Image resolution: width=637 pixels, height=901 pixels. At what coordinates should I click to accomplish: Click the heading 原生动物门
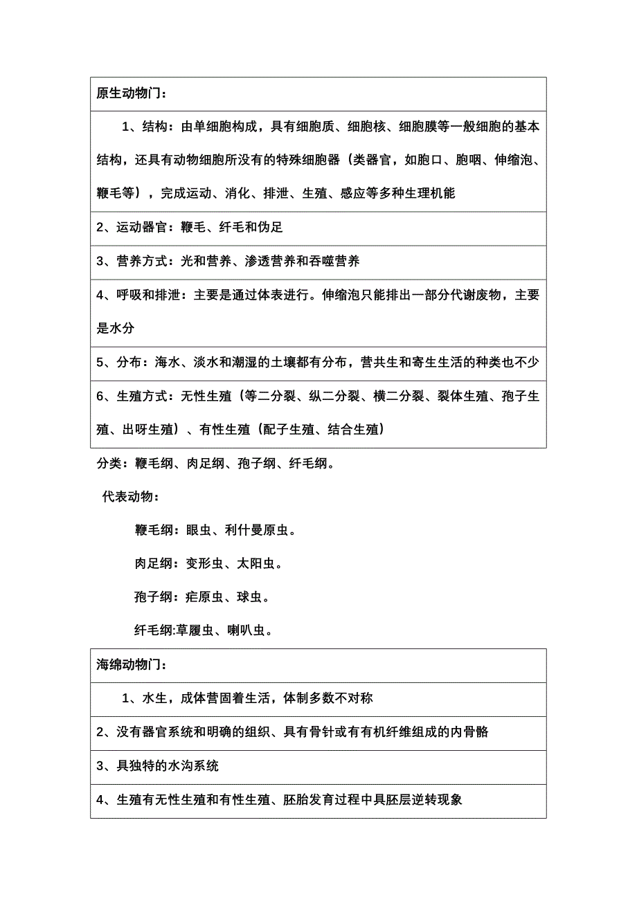(x=128, y=94)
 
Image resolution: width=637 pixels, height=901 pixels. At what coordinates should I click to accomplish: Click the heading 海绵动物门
(x=128, y=665)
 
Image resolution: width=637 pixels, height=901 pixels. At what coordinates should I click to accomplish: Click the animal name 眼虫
(x=199, y=531)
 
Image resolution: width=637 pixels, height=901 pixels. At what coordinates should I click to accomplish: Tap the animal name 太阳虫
(x=256, y=564)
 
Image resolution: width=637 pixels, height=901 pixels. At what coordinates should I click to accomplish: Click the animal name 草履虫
(x=195, y=630)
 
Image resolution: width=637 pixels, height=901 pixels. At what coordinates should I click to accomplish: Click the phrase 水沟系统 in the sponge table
(x=192, y=765)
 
